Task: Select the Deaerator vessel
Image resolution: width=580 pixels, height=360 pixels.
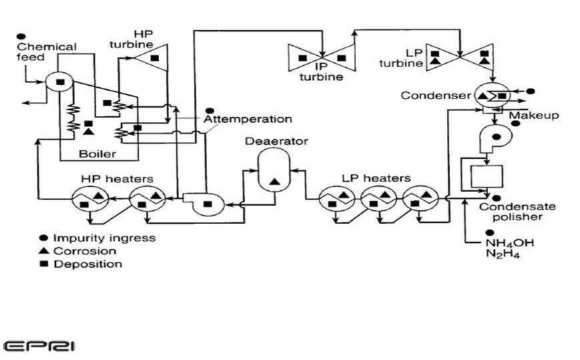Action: tap(274, 170)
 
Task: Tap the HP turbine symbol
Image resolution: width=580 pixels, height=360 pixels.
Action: tap(150, 58)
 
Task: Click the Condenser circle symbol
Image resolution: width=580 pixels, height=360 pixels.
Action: tap(490, 96)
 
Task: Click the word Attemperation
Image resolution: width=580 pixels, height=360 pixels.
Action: tap(248, 120)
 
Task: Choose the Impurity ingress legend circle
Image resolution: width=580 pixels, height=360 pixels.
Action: tap(43, 238)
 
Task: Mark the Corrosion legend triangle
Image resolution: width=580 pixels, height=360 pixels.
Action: tap(43, 251)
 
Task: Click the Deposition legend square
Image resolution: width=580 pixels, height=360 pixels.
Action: tap(43, 264)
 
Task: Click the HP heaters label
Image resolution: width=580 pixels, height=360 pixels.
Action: tap(117, 179)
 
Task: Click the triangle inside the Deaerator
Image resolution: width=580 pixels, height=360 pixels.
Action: tap(274, 180)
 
